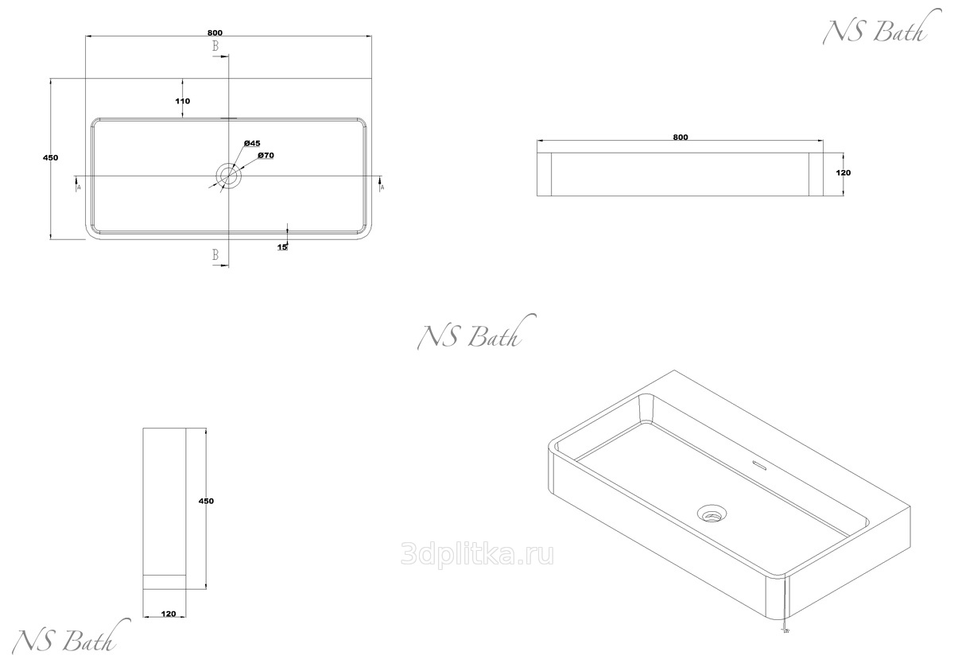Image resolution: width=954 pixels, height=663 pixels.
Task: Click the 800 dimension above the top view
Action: tap(215, 33)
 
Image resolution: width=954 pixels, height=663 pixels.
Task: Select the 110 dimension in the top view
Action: tap(183, 101)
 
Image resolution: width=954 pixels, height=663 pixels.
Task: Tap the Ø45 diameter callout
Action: tap(253, 143)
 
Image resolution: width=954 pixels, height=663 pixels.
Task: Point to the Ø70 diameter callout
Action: tap(266, 156)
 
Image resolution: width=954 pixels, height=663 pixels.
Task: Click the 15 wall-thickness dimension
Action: tap(282, 247)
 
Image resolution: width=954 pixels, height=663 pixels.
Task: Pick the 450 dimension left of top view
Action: tap(50, 158)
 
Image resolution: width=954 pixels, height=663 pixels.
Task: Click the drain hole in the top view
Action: tap(229, 176)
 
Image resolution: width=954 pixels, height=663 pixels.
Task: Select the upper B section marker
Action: tap(215, 47)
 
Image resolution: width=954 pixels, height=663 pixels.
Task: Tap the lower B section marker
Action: tap(215, 255)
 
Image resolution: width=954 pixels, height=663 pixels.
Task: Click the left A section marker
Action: tap(78, 188)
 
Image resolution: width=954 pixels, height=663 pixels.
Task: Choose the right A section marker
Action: tap(382, 188)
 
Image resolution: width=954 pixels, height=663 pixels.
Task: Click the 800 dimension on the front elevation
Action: tap(680, 138)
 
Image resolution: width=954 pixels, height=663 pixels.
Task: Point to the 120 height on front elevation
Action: tap(843, 173)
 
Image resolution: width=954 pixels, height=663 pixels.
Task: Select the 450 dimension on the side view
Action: tap(207, 501)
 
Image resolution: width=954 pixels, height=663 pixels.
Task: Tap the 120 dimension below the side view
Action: tap(168, 614)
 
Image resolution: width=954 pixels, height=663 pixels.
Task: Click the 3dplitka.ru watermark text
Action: tap(479, 554)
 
